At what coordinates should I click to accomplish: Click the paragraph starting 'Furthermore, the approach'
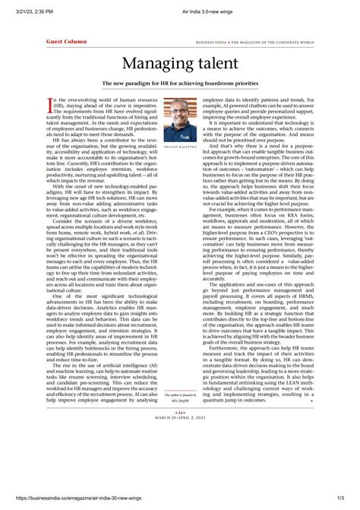[258, 365]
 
